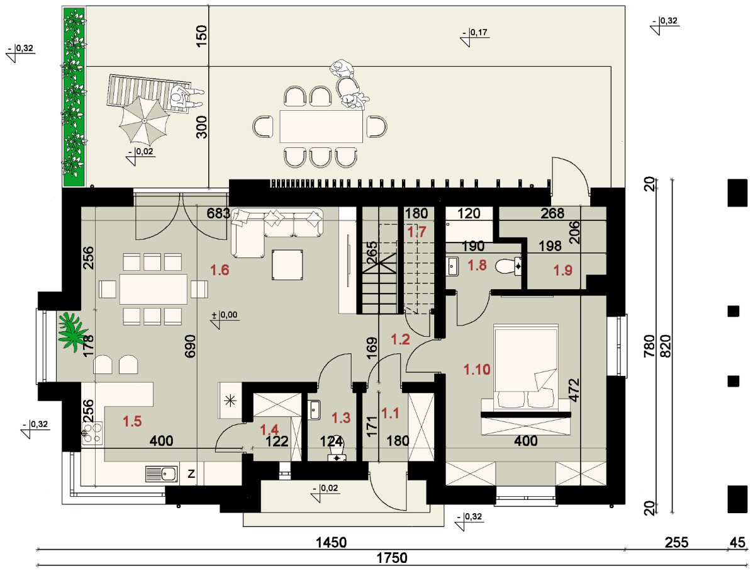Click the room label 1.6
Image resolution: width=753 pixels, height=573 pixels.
pos(220,270)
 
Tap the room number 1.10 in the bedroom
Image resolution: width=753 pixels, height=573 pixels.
pos(477,370)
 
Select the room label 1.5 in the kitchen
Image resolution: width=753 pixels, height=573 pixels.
pos(132,422)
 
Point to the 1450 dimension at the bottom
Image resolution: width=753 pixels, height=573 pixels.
pos(331,543)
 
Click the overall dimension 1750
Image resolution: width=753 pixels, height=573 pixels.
pos(392,558)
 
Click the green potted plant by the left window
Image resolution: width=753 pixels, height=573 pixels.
pos(73,331)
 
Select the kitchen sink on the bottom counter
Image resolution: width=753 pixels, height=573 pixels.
pos(161,474)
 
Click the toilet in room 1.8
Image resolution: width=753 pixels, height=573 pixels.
pos(509,266)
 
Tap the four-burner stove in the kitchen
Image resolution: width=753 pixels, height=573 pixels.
pos(92,432)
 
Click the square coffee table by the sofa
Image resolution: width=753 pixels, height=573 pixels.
pos(287,265)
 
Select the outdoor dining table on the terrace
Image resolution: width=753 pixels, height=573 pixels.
pos(321,127)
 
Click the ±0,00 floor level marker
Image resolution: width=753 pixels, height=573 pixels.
pos(225,319)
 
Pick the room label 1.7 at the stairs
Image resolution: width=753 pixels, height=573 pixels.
pos(416,232)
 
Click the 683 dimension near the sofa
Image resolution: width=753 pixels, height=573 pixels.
pos(218,213)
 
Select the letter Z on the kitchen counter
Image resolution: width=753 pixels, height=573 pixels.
pos(191,474)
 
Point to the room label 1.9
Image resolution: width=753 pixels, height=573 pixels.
pos(563,271)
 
